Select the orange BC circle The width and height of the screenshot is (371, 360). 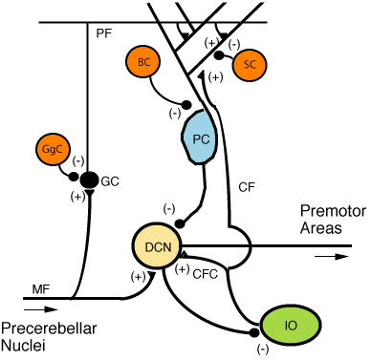[x=142, y=63]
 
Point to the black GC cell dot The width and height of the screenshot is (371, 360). [x=89, y=179]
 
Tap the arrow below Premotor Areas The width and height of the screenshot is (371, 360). [x=327, y=255]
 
